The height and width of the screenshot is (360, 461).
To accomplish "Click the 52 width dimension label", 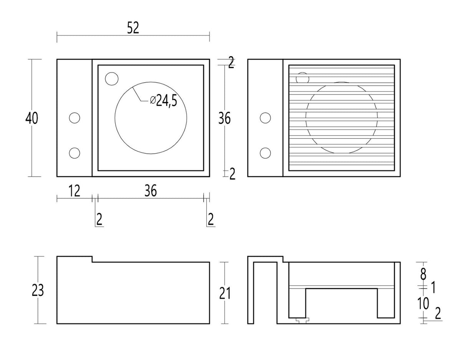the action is pyautogui.click(x=133, y=28).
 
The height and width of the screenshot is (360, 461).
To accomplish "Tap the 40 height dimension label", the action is pyautogui.click(x=32, y=118).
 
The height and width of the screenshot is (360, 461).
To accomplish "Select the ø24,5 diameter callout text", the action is pyautogui.click(x=163, y=101).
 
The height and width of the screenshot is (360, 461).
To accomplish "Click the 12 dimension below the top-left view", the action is pyautogui.click(x=74, y=191).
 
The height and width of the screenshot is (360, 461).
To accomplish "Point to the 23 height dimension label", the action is pyautogui.click(x=38, y=290).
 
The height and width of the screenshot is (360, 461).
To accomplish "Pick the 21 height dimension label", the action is pyautogui.click(x=224, y=294).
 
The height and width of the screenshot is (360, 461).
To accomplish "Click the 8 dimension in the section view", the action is pyautogui.click(x=423, y=274).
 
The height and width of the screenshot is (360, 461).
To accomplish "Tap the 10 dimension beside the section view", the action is pyautogui.click(x=423, y=304).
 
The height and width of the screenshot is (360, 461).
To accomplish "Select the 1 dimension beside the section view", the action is pyautogui.click(x=433, y=288).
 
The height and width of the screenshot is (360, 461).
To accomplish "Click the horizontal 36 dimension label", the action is pyautogui.click(x=151, y=191).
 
